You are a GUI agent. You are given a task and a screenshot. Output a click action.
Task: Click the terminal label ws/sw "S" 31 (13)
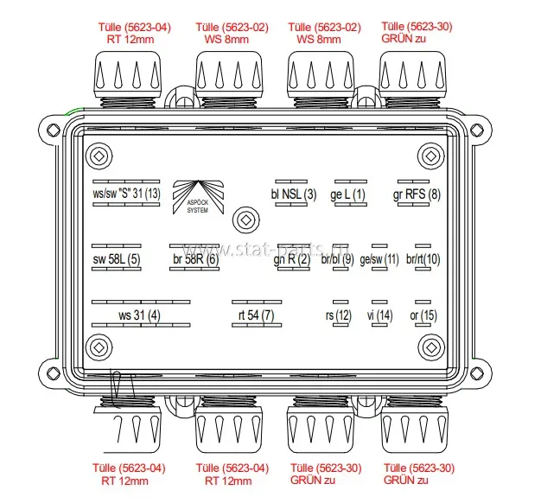pos(126,194)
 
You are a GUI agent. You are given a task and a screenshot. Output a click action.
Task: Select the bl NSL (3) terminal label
pos(294,194)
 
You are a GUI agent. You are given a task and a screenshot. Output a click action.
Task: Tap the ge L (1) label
pos(347,194)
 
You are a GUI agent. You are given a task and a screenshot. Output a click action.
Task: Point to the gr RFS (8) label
pos(417,194)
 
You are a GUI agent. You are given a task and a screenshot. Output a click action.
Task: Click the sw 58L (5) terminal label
pos(117,258)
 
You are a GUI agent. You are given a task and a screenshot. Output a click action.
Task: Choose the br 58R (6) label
pos(195,258)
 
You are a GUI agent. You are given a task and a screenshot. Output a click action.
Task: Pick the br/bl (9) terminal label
pos(337,258)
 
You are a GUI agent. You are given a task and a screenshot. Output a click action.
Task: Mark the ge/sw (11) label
pos(379,259)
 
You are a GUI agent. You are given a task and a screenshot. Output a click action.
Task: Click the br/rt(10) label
pos(423,258)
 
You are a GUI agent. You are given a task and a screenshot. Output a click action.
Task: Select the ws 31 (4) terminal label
pos(139,315)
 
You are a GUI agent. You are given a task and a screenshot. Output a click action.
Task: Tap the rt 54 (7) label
pos(257,315)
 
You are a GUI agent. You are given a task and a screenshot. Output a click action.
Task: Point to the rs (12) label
pos(339,315)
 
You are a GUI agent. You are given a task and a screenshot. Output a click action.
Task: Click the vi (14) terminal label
pos(379,315)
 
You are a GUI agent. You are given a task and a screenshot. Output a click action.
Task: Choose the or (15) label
pos(423,315)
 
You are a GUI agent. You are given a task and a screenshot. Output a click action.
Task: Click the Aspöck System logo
pos(198,197)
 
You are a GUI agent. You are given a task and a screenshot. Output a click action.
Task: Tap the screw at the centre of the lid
pos(245,220)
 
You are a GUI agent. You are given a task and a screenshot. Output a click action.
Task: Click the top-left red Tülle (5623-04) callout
pos(134,33)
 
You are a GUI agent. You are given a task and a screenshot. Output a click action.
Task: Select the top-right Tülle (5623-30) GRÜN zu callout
pos(417,32)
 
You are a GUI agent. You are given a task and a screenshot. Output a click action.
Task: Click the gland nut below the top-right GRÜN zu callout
pos(412,75)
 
